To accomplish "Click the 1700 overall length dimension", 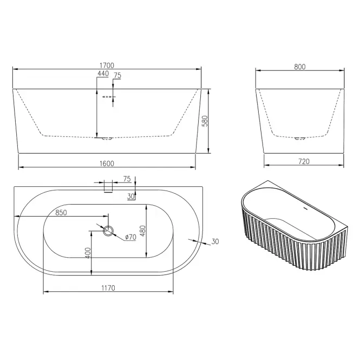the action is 107,66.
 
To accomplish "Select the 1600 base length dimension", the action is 107,163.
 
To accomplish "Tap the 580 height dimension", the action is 205,121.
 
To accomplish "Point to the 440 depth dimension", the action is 103,74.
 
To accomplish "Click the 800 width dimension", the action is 300,67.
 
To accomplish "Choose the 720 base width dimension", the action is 304,161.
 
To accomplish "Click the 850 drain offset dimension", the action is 61,213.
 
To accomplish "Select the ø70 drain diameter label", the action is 130,237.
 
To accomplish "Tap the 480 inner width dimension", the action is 142,231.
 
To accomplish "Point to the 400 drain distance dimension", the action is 88,253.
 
